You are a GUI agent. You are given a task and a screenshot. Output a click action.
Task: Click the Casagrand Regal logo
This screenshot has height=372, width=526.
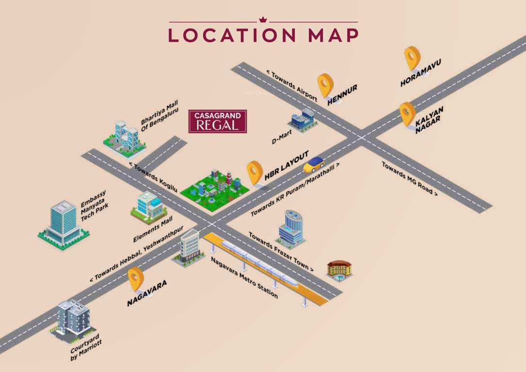(218, 121)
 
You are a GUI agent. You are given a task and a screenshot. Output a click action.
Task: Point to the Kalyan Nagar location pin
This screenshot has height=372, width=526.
(407, 113)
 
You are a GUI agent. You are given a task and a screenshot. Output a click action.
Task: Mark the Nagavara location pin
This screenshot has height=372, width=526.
(136, 279)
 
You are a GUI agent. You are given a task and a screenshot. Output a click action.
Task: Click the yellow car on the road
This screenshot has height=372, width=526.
(314, 164)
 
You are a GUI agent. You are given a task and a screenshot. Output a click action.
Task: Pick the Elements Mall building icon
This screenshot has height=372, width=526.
(149, 207)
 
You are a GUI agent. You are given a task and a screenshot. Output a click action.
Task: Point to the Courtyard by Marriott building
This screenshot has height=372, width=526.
(72, 320)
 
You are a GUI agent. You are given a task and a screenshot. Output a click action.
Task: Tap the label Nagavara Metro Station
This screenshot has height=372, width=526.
(244, 278)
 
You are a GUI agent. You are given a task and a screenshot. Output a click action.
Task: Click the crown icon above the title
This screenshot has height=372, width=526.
(263, 20)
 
